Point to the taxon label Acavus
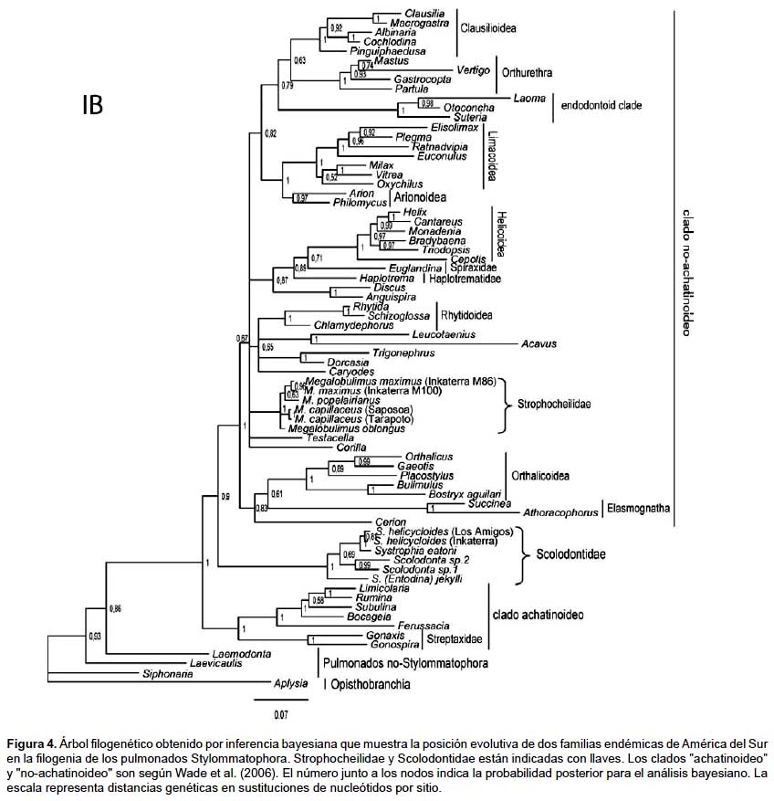539,343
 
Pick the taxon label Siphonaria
167,674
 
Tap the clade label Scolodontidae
571,554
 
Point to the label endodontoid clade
601,106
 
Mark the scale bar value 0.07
280,712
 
